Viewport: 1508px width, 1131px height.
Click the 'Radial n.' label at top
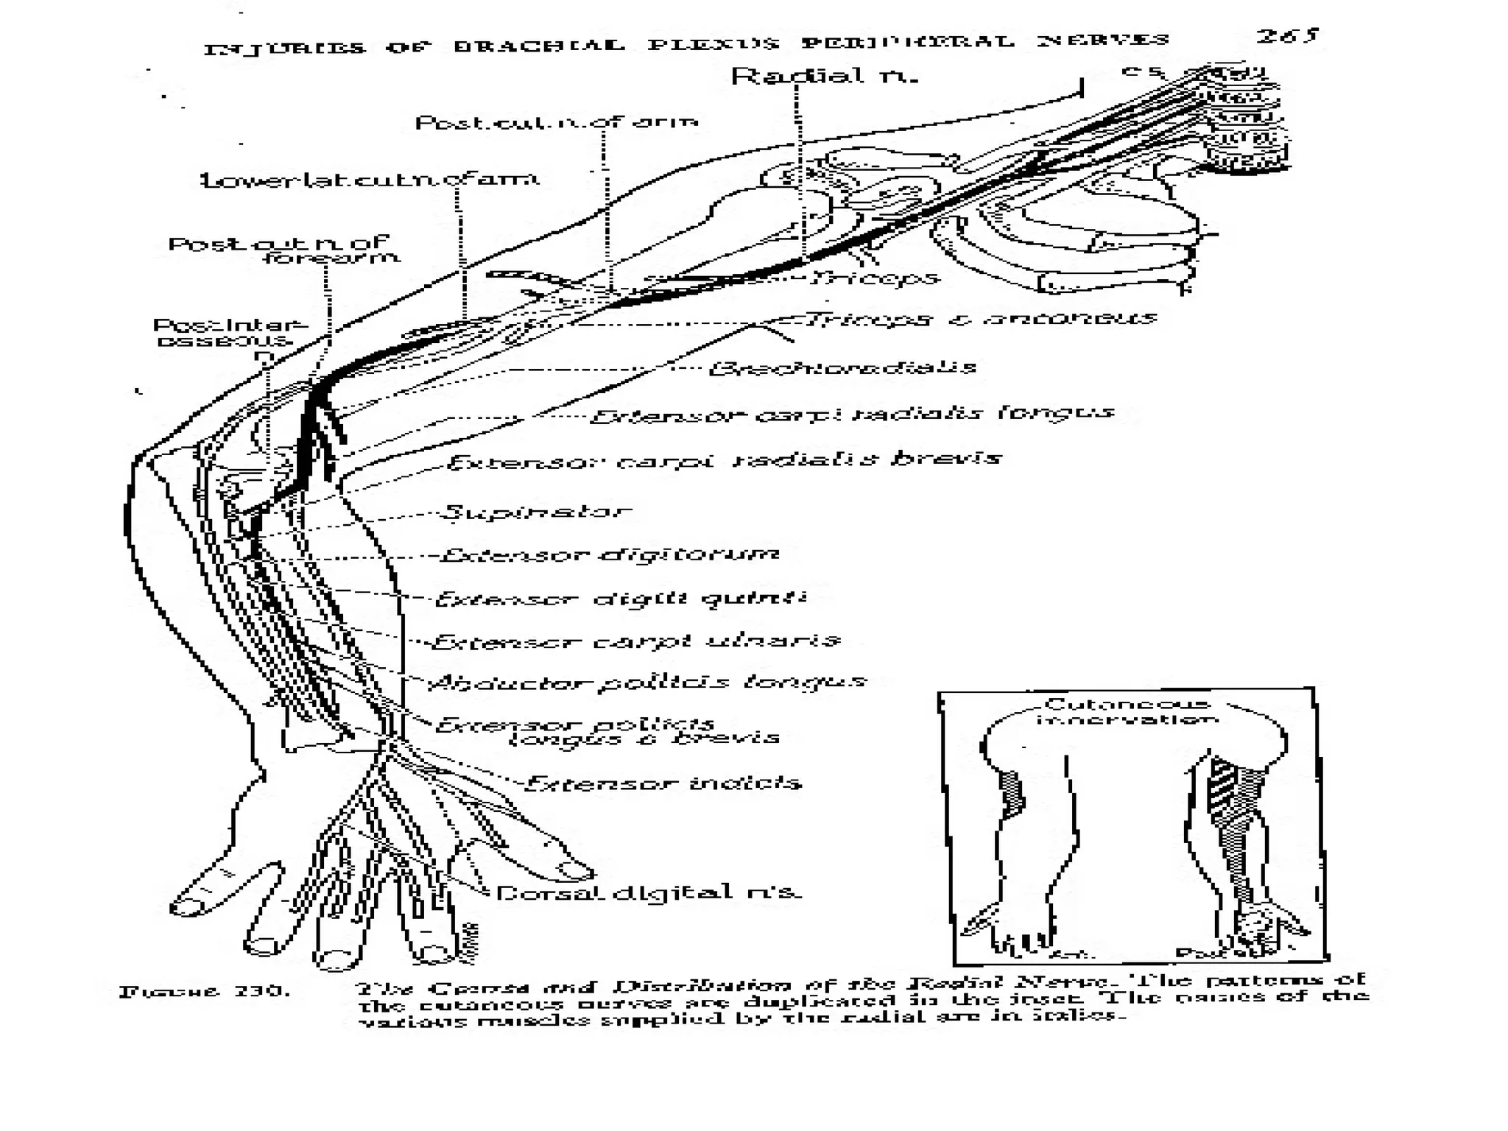coord(824,76)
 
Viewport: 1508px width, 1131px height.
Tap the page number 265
coord(1286,36)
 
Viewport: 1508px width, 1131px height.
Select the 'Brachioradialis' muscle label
coord(842,367)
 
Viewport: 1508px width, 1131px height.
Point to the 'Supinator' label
coord(536,511)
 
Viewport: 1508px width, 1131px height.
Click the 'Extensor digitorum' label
coord(610,554)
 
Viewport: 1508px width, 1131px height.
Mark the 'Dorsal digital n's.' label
coord(648,893)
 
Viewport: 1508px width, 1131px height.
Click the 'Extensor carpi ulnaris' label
coord(635,641)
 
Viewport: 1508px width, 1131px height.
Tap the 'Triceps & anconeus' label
coord(982,319)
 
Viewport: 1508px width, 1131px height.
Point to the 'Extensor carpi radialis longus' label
coord(852,414)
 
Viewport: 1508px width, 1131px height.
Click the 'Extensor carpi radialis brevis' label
coord(724,460)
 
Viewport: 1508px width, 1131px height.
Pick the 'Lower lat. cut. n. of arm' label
coord(370,180)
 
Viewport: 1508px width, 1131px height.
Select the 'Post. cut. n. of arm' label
coord(557,122)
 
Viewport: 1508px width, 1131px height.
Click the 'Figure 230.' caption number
coord(205,991)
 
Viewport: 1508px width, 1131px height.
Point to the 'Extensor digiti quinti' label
coord(620,598)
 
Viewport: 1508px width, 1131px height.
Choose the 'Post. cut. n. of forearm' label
coord(283,250)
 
